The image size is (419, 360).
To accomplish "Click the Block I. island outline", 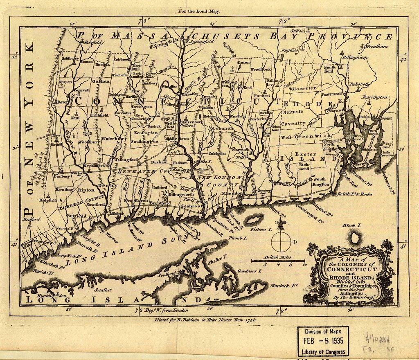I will coord(354,236).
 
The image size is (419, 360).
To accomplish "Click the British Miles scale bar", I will coord(278,261).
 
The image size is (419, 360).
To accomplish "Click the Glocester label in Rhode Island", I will coord(304,88).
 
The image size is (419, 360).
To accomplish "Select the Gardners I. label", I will coord(249,271).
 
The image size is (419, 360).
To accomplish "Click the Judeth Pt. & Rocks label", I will coord(355,194).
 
